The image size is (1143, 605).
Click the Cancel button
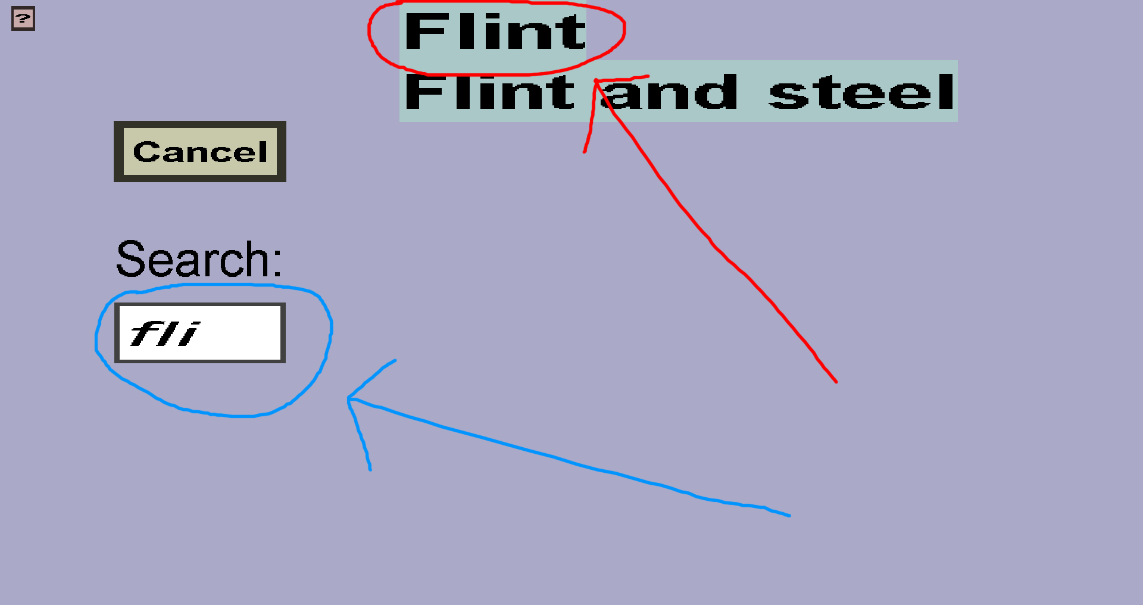(200, 152)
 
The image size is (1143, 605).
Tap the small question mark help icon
(23, 18)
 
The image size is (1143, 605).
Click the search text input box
(200, 333)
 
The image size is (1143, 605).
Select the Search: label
(198, 260)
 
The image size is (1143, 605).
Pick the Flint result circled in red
(495, 32)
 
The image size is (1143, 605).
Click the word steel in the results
(861, 93)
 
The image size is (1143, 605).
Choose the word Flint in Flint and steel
(489, 93)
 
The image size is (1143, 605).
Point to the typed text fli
(164, 333)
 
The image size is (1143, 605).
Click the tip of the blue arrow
(349, 398)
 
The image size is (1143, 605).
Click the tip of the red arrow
(596, 80)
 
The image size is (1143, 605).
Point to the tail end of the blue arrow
(789, 516)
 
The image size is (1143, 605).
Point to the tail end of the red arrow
(836, 381)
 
